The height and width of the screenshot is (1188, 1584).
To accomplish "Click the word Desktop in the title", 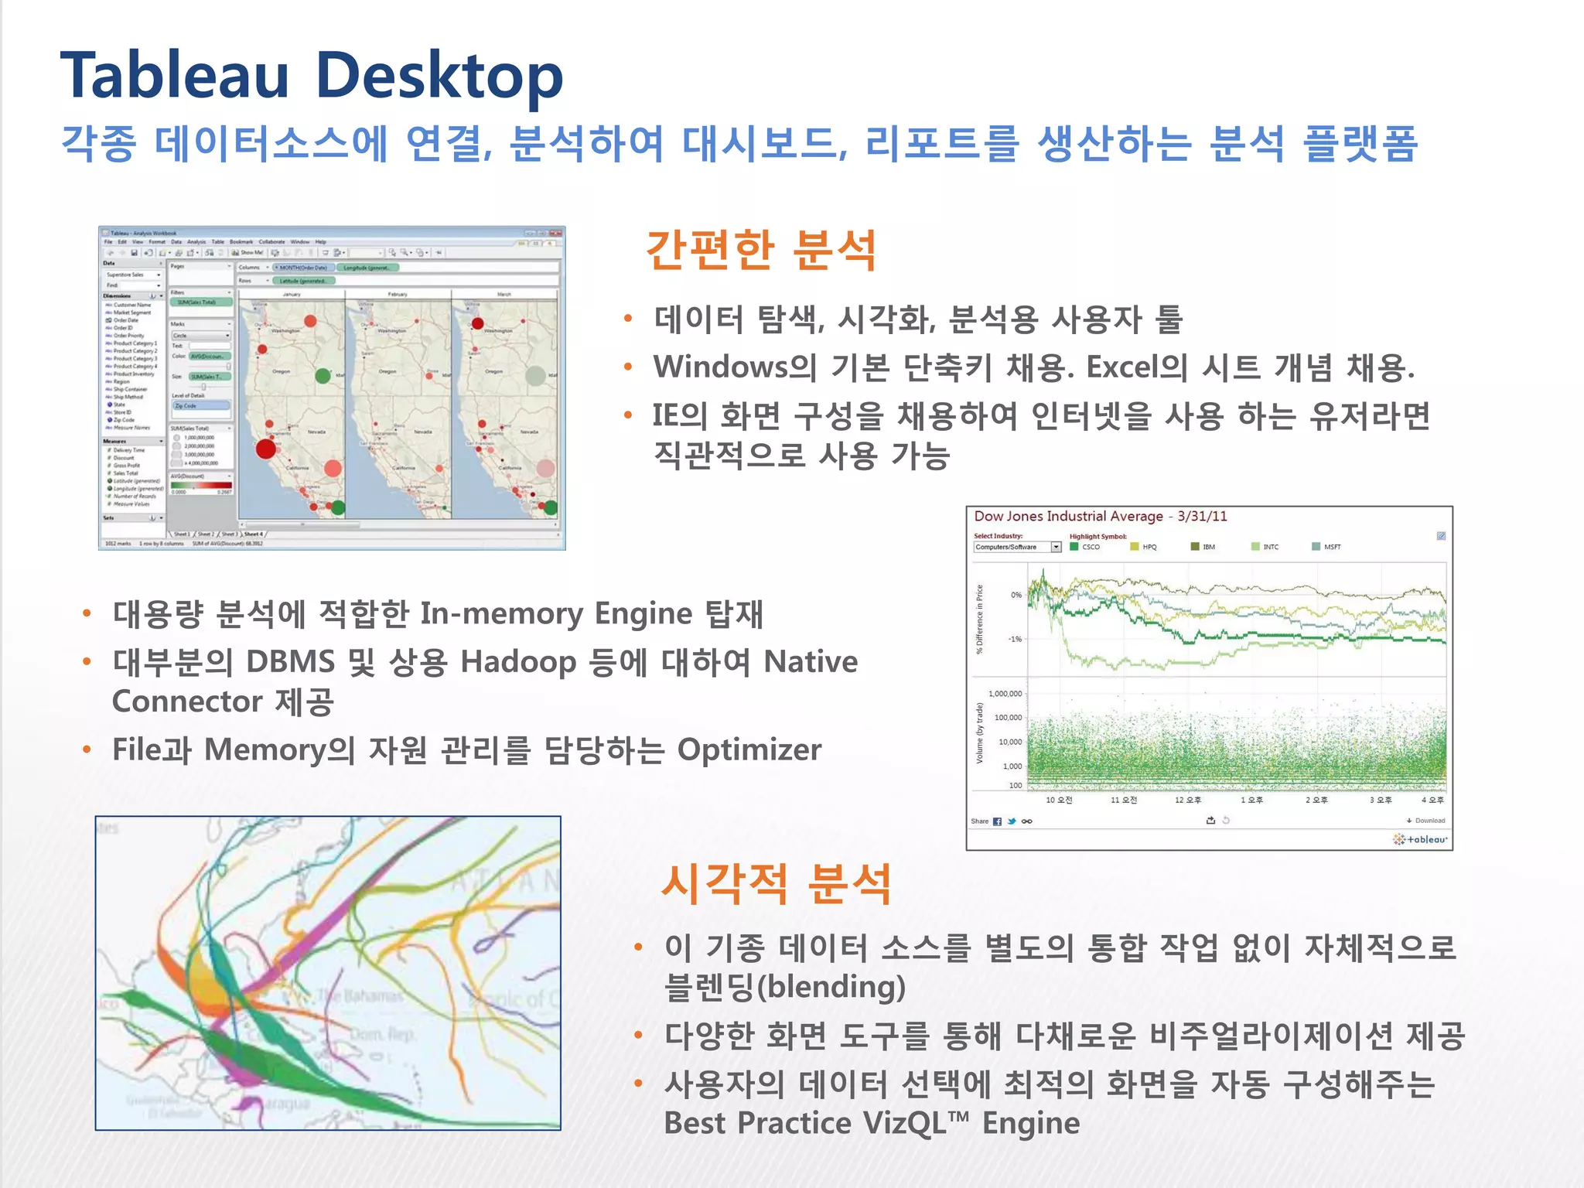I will coord(439,77).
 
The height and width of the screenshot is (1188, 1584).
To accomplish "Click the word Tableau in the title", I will coord(175,77).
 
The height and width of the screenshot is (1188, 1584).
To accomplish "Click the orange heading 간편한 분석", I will coord(761,251).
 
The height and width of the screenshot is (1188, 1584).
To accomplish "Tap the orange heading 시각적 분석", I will coord(777,884).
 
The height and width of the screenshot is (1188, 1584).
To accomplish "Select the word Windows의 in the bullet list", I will coord(735,367).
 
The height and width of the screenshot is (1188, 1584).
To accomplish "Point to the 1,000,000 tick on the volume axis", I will coord(1005,694).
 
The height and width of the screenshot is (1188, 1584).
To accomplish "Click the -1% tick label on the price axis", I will coord(1015,639).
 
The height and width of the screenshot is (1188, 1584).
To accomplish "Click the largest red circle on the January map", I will coord(266,449).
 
